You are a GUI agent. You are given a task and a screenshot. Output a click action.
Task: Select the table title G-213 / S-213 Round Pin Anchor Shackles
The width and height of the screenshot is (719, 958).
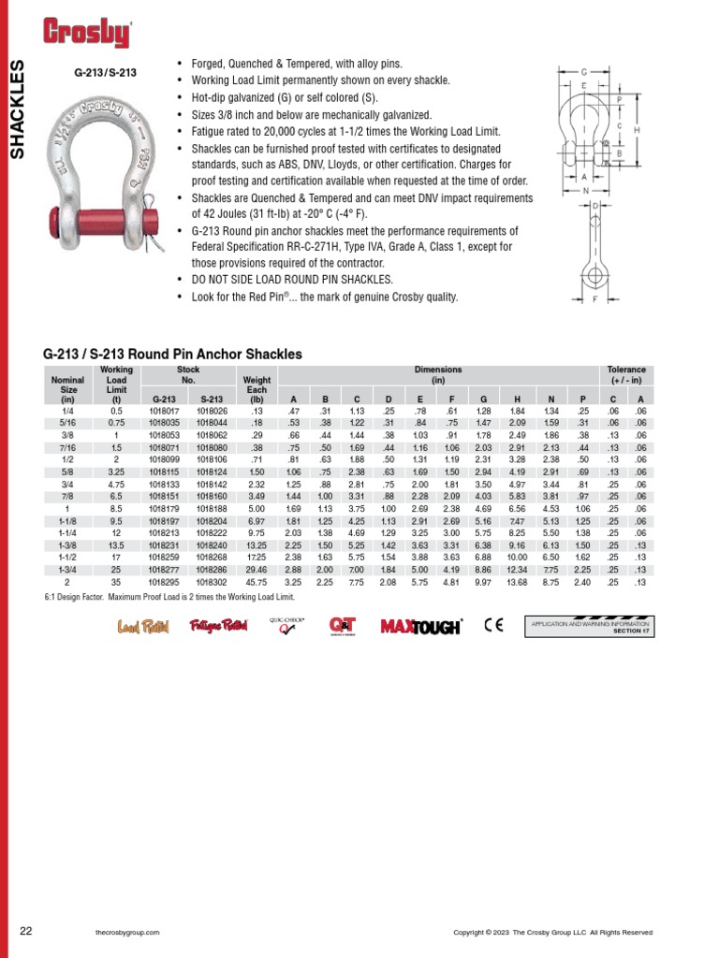point(172,355)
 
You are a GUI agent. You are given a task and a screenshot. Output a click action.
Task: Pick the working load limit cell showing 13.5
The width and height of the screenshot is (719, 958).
point(116,544)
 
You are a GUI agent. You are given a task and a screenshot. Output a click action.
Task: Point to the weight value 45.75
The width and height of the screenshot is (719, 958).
point(256,581)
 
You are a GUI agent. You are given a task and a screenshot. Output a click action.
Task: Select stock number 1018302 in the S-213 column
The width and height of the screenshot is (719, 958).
point(212,581)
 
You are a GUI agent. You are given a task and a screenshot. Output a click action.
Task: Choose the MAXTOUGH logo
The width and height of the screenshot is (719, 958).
point(420,627)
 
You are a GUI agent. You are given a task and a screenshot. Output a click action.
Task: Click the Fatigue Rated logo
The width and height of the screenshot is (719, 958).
point(218,626)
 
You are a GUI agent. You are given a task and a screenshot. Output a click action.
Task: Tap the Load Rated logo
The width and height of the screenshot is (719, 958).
point(142,627)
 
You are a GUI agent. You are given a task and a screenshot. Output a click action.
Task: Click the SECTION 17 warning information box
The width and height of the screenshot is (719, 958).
point(590,626)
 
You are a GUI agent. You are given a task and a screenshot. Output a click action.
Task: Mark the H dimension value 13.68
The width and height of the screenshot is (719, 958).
point(518,581)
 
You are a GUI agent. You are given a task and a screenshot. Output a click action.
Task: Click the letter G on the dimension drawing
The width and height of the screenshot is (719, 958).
point(583,72)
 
